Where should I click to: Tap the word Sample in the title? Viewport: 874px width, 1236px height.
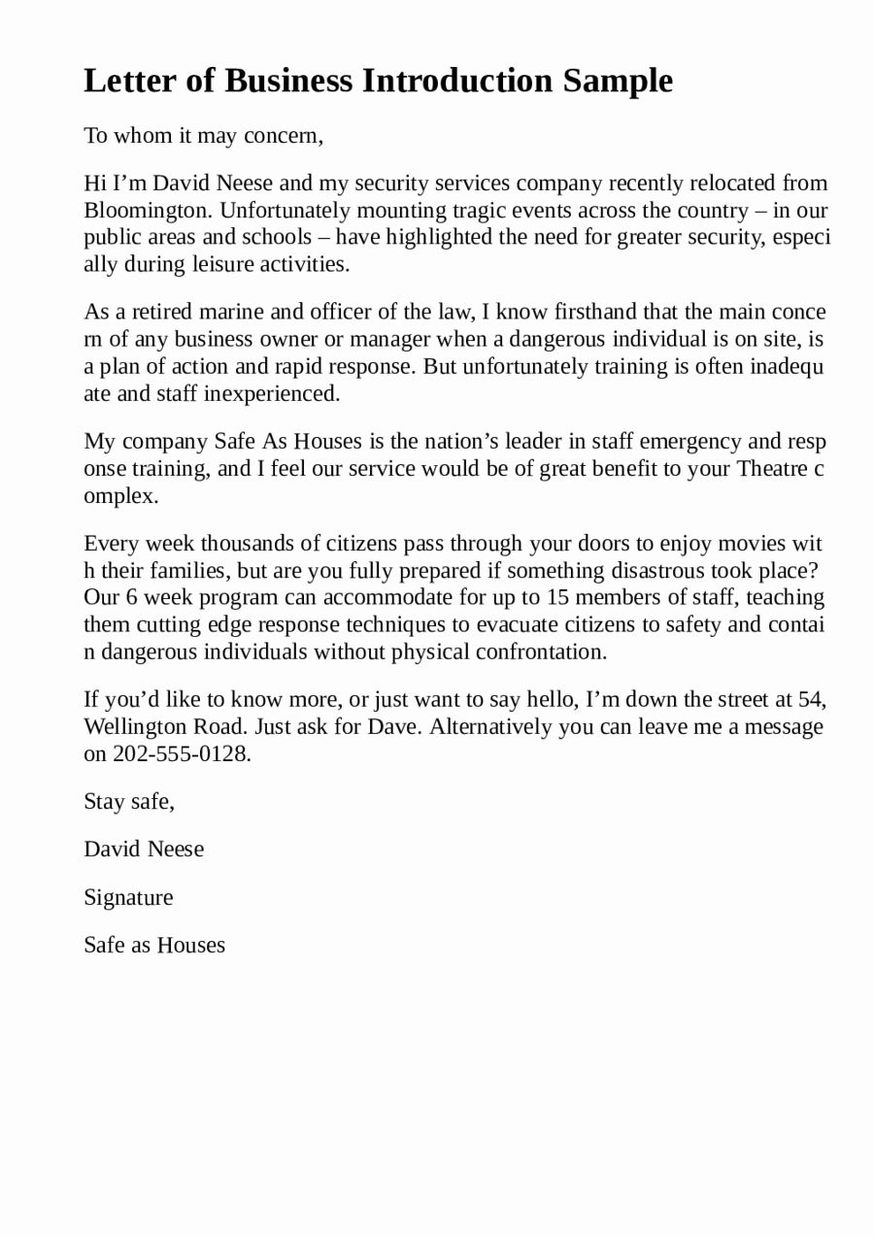pyautogui.click(x=618, y=82)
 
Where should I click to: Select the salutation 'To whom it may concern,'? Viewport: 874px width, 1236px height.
pyautogui.click(x=203, y=136)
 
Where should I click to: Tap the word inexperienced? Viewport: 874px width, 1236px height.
pyautogui.click(x=272, y=393)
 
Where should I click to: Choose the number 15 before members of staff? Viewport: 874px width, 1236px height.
pyautogui.click(x=558, y=597)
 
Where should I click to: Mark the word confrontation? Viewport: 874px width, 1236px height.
pyautogui.click(x=540, y=651)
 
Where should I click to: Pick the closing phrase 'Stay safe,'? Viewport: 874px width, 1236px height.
pyautogui.click(x=129, y=802)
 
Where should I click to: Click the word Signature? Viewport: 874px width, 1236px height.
pyautogui.click(x=128, y=897)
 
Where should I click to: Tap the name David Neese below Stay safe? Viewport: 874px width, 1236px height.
pyautogui.click(x=144, y=850)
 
